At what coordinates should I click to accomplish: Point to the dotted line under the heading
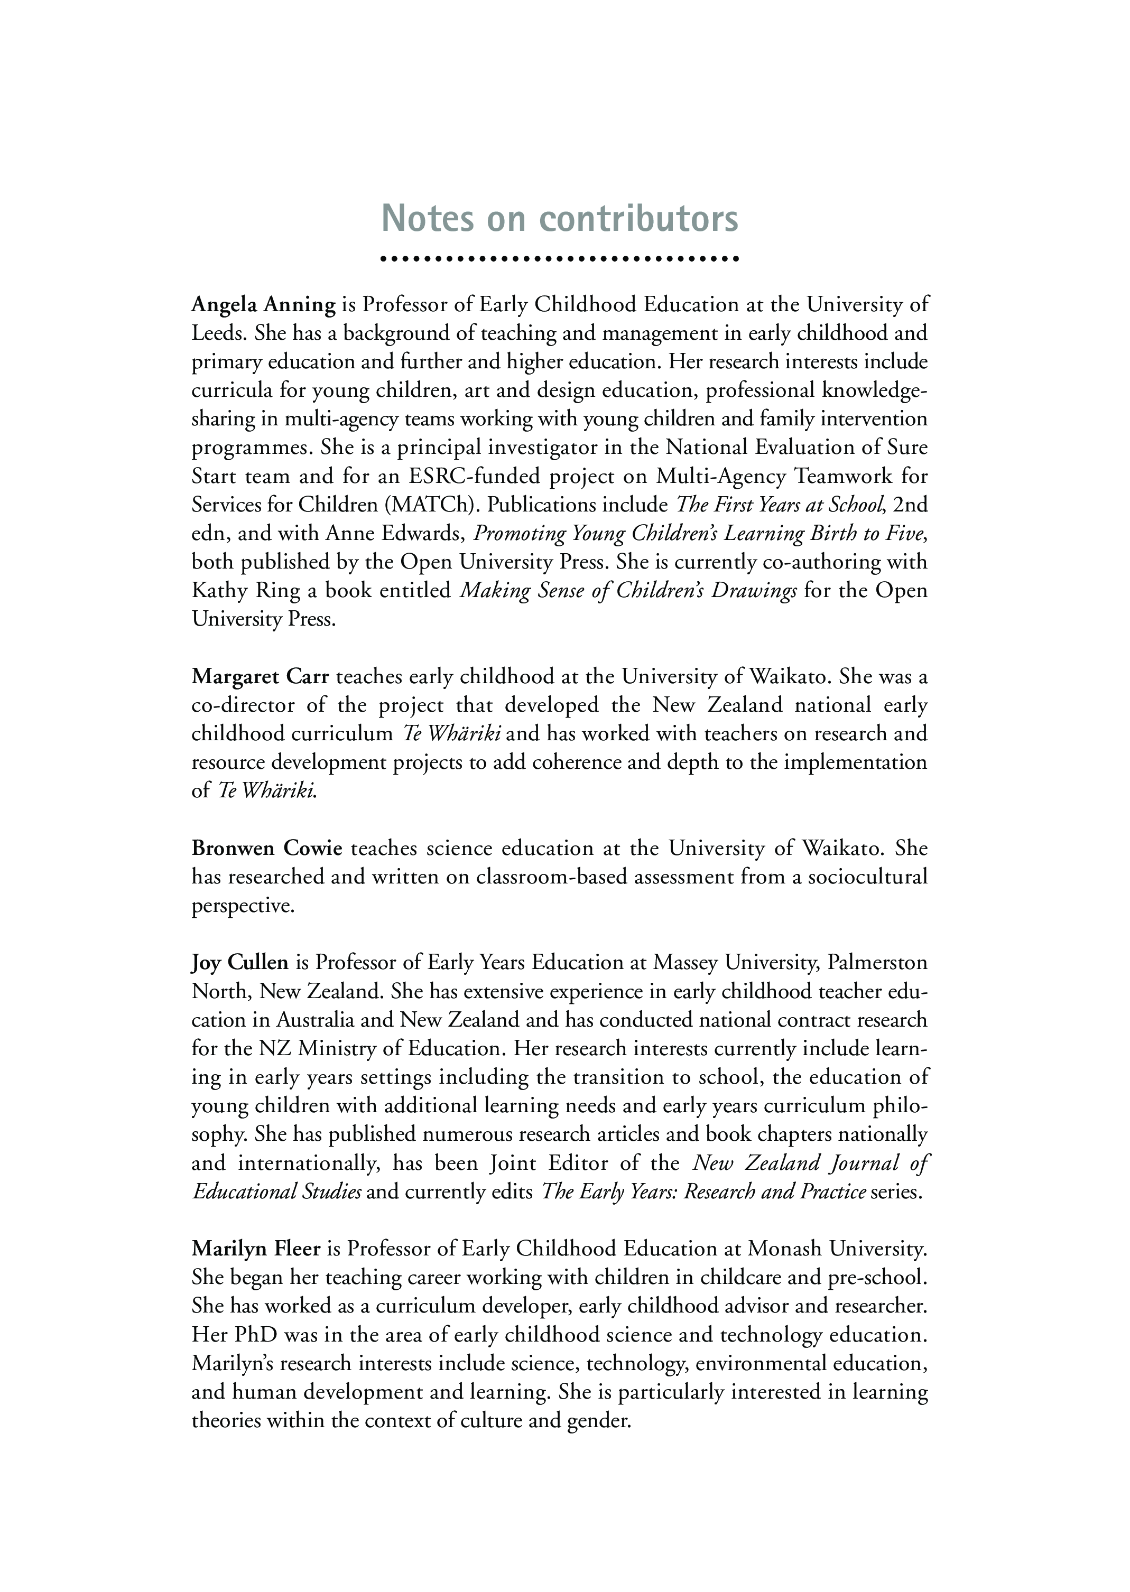tap(560, 259)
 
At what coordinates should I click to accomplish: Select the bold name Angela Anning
tap(264, 305)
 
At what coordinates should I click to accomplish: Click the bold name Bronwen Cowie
tap(267, 848)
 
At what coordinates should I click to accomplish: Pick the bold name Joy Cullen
tap(240, 963)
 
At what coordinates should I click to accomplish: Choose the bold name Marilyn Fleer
tap(256, 1249)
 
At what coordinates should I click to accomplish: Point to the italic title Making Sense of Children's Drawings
tap(628, 591)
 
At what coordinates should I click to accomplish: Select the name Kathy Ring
tap(246, 591)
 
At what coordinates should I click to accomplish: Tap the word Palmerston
tap(877, 963)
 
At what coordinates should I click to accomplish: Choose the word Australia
tap(318, 1020)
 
